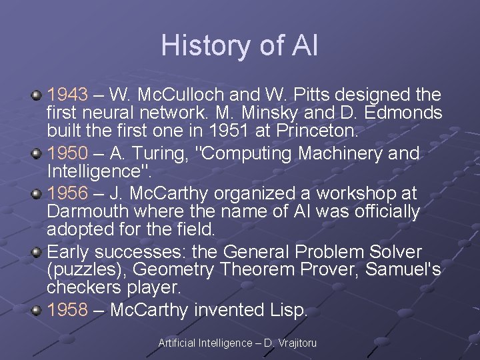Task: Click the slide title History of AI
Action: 239,45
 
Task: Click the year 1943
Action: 67,95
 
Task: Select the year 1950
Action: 67,154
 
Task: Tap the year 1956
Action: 67,193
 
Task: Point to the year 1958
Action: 67,310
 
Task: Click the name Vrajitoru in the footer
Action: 297,343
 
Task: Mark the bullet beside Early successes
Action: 37,253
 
